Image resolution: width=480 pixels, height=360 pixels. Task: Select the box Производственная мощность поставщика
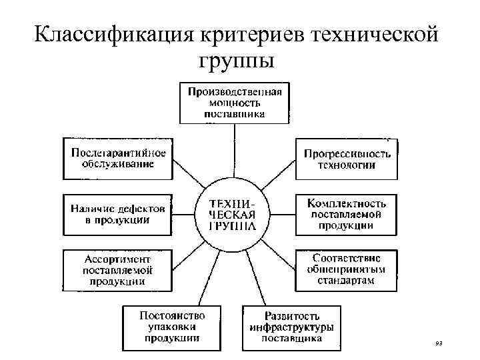235,102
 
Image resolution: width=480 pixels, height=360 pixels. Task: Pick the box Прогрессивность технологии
346,159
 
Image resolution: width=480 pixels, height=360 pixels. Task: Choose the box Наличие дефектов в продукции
117,213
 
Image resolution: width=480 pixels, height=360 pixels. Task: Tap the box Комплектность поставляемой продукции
346,213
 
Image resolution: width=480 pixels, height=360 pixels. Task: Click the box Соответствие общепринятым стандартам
346,269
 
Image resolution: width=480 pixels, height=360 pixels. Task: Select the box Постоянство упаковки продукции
171,327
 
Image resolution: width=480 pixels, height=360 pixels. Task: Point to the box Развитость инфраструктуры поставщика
291,327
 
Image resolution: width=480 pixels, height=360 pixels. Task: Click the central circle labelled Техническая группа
233,214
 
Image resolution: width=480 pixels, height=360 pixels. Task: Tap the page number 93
438,343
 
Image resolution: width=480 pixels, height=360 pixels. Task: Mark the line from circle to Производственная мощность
234,149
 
